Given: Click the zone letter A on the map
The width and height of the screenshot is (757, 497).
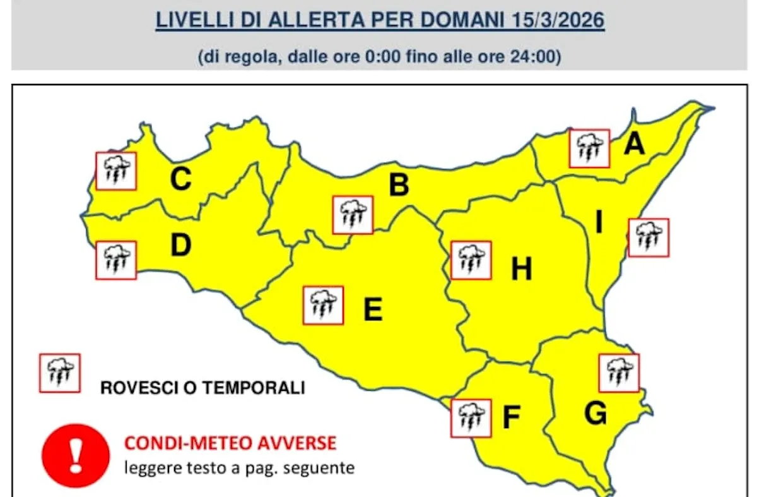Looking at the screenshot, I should coord(634,144).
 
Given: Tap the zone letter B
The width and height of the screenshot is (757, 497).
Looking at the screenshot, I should coord(399,186).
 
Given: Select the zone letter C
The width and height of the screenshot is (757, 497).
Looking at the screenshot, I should coord(180,181).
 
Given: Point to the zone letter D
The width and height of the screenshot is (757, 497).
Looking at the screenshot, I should coord(180,246).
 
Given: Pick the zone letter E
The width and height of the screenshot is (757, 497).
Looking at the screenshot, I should coord(373,309).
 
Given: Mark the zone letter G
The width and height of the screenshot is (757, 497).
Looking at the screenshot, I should coord(596,414).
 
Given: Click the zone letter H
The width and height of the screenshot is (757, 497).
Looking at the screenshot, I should coord(521,270).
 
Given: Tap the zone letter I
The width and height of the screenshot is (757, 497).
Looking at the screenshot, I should coord(599,223).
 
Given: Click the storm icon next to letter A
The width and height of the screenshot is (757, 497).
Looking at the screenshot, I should coord(589,148).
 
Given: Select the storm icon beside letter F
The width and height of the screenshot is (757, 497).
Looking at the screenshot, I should coord(471,417).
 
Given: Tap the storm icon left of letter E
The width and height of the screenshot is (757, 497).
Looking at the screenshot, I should coord(323,306).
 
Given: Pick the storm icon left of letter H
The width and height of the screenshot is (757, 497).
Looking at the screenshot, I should coord(471,260).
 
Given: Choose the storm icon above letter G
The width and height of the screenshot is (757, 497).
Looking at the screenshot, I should coord(619,373).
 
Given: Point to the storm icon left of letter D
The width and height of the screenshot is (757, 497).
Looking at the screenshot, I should coord(116,260).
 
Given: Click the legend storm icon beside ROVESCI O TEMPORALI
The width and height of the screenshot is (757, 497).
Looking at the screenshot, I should coord(60,373).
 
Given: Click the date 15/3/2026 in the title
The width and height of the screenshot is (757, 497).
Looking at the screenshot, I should coord(555,20).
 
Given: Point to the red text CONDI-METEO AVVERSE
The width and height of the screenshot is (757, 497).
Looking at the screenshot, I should coord(230,443).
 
